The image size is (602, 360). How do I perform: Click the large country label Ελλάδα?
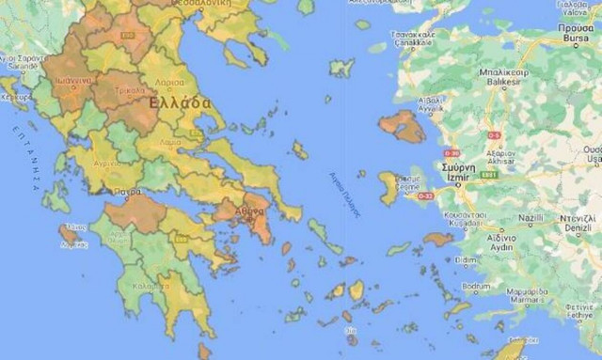[x=180, y=101]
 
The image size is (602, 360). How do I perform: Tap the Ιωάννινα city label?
[x=72, y=81]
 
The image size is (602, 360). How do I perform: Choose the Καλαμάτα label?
[x=151, y=286]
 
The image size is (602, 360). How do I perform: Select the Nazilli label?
[x=531, y=218]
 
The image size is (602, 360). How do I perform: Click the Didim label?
[x=467, y=259]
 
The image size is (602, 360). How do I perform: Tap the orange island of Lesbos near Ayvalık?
[x=404, y=127]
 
